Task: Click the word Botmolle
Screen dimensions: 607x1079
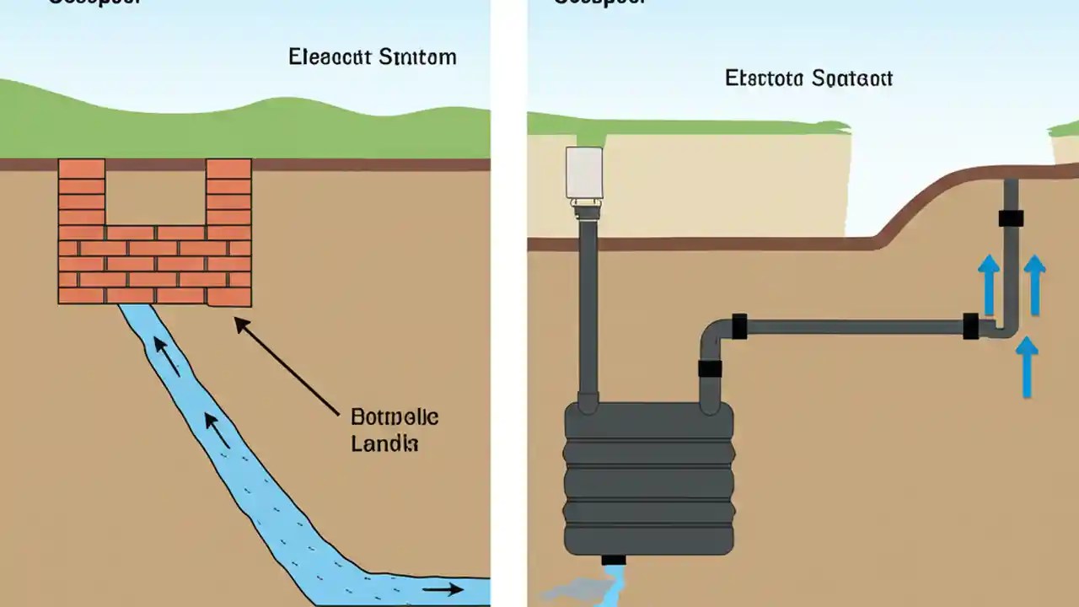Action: [x=394, y=417]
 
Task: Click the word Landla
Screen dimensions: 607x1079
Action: [x=384, y=443]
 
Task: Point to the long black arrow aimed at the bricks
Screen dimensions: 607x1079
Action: [x=287, y=365]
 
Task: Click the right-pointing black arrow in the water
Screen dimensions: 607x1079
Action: [x=443, y=589]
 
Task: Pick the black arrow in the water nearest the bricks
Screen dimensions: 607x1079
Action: [x=168, y=356]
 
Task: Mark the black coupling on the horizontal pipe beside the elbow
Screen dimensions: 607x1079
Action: [x=739, y=326]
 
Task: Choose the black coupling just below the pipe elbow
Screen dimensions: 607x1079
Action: [x=710, y=368]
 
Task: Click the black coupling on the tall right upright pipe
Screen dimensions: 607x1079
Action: [x=1011, y=218]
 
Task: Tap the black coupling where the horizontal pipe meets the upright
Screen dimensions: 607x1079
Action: [x=971, y=326]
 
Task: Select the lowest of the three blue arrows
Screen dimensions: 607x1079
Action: [x=1026, y=367]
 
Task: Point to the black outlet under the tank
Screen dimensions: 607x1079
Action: [x=614, y=560]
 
